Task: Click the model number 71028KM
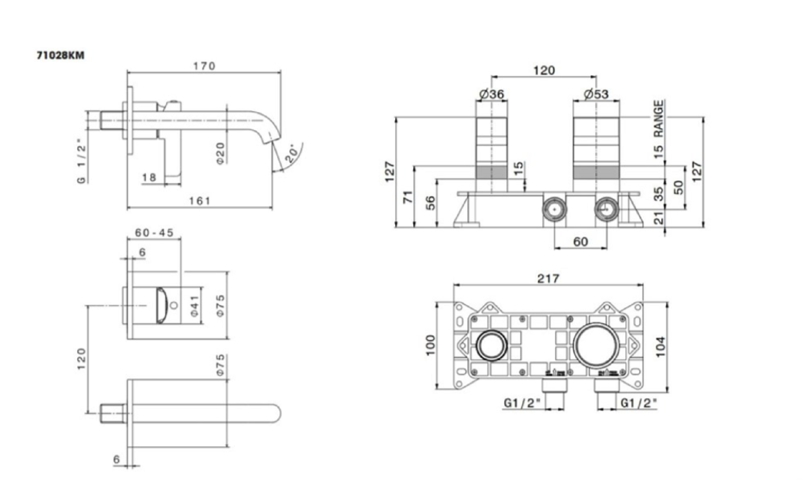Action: pyautogui.click(x=61, y=55)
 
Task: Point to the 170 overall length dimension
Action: pyautogui.click(x=204, y=66)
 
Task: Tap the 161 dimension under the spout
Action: pyautogui.click(x=199, y=201)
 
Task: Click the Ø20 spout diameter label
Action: pyautogui.click(x=220, y=153)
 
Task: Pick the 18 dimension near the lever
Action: pyautogui.click(x=149, y=177)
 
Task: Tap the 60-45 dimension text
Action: pyautogui.click(x=154, y=233)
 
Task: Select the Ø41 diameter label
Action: pyautogui.click(x=194, y=306)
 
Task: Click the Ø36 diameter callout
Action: pyautogui.click(x=491, y=94)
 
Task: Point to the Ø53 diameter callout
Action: pyautogui.click(x=596, y=94)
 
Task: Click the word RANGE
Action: pyautogui.click(x=659, y=118)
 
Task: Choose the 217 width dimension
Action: pyautogui.click(x=548, y=278)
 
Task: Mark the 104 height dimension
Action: pyautogui.click(x=660, y=347)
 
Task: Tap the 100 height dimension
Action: pyautogui.click(x=430, y=345)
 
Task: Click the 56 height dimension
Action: pyautogui.click(x=430, y=203)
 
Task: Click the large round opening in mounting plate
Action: pyautogui.click(x=596, y=345)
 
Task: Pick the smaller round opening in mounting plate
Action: pyautogui.click(x=491, y=345)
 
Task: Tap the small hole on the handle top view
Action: pyautogui.click(x=174, y=305)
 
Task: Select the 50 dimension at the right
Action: pyautogui.click(x=678, y=187)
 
